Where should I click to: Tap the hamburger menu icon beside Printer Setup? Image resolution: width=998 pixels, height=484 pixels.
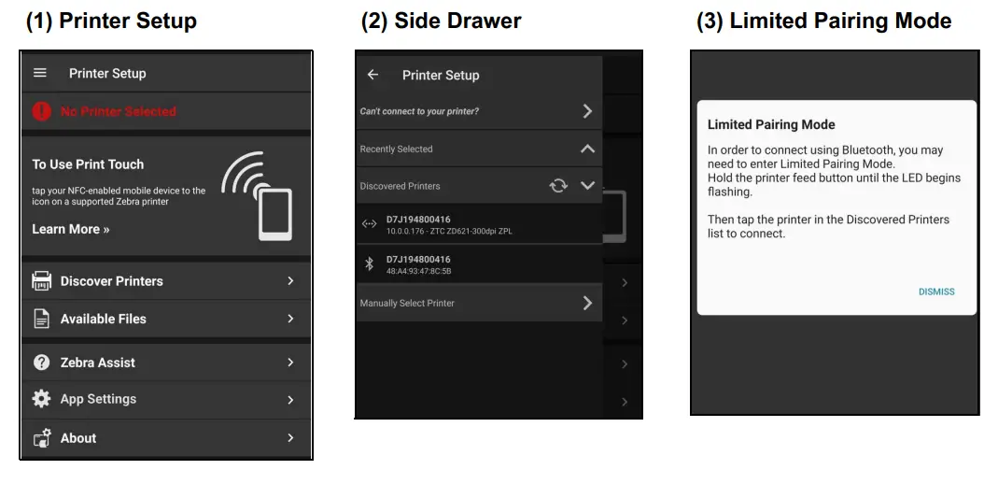point(39,73)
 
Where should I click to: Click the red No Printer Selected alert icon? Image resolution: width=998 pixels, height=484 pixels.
point(41,111)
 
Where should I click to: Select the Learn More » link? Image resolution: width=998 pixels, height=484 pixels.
point(71,229)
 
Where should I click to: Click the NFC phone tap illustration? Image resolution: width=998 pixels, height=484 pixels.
point(258,198)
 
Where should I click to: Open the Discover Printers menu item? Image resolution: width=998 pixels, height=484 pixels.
point(112,281)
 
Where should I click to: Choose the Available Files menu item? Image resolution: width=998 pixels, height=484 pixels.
point(103,319)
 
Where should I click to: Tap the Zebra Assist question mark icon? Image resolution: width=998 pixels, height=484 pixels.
point(41,363)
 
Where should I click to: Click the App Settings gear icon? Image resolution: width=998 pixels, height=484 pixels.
point(41,399)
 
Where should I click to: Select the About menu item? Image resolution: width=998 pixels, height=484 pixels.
point(78,438)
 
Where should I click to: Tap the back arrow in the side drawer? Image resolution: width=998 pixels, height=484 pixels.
point(373,75)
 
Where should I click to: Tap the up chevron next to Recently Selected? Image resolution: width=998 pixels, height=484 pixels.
point(587,149)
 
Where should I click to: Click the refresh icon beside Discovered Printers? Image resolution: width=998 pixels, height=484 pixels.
point(558,186)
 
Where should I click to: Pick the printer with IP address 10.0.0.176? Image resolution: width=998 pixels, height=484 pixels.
point(448,225)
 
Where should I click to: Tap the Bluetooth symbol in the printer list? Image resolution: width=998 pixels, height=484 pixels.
point(369,264)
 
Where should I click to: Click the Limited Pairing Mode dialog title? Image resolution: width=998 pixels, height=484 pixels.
point(771,124)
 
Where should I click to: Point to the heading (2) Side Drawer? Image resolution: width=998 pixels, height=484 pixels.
point(441,21)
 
